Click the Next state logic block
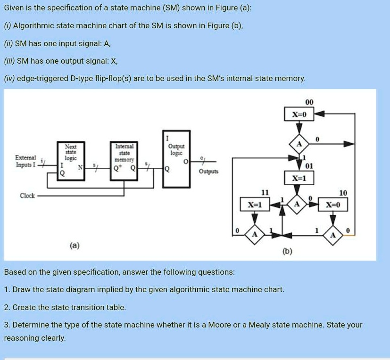click(x=70, y=159)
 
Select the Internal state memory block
click(x=124, y=159)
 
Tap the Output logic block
click(x=176, y=158)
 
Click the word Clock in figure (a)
click(x=27, y=196)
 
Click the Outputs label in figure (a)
click(x=208, y=172)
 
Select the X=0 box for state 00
click(x=299, y=114)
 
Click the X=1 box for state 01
click(x=299, y=178)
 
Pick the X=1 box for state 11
click(x=255, y=205)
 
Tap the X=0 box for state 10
click(x=335, y=205)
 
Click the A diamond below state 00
click(x=299, y=144)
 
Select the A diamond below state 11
click(x=255, y=234)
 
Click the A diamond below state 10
click(x=333, y=234)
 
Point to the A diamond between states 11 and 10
click(x=297, y=205)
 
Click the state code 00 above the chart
click(x=309, y=102)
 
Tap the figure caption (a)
click(x=75, y=245)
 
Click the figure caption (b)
click(x=287, y=252)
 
